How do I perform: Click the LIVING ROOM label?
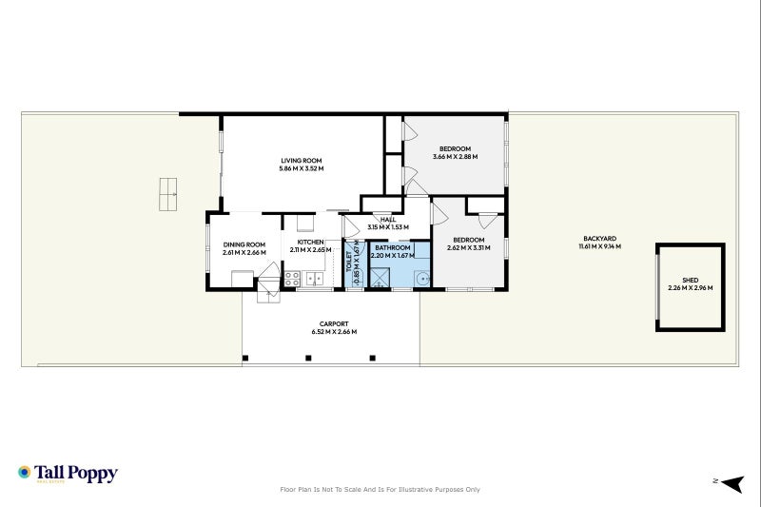(x=301, y=160)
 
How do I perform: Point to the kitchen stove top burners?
(x=293, y=279)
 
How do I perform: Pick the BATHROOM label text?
(x=392, y=247)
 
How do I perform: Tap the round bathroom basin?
(x=421, y=279)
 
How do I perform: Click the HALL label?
(x=387, y=220)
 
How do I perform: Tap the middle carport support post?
(x=308, y=358)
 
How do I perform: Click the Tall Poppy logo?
(x=67, y=473)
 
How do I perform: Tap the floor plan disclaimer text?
(x=380, y=490)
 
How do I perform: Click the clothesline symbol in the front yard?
(x=169, y=194)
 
